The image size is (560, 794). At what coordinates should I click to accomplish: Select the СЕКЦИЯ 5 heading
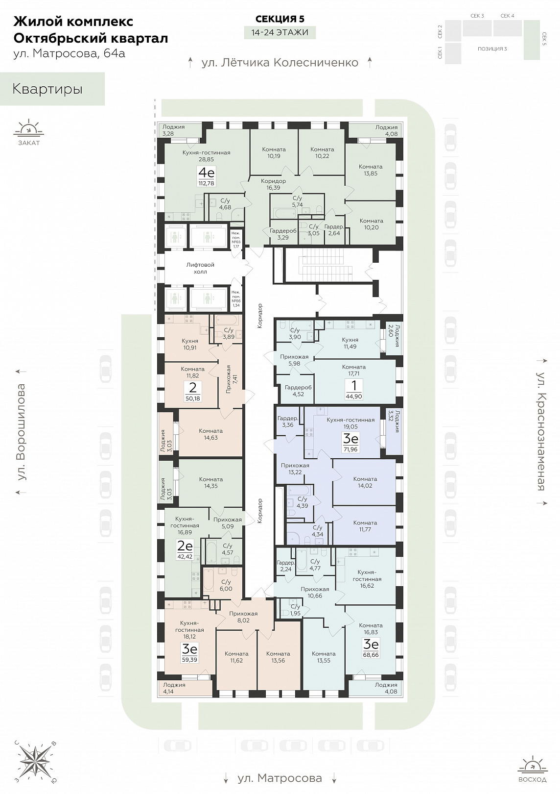click(x=280, y=19)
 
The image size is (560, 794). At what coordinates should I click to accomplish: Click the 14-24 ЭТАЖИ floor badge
click(x=280, y=33)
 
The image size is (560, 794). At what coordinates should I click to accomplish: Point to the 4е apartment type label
click(x=207, y=174)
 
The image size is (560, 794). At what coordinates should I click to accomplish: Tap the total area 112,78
click(x=207, y=183)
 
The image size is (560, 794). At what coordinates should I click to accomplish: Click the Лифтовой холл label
click(x=200, y=268)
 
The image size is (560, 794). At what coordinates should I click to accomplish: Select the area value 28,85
click(x=207, y=159)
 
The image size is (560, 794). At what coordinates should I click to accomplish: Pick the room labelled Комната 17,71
click(x=354, y=370)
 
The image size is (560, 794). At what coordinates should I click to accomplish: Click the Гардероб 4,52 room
click(x=299, y=391)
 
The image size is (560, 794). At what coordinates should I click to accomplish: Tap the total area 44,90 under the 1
click(x=353, y=397)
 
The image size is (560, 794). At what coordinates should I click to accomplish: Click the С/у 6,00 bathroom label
click(x=226, y=585)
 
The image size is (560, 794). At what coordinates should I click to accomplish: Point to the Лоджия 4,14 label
click(x=174, y=688)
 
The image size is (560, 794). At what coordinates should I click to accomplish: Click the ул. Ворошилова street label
click(x=22, y=432)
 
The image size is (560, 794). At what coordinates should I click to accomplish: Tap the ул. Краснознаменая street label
click(x=541, y=431)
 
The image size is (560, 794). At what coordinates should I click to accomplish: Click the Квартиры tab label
click(x=47, y=89)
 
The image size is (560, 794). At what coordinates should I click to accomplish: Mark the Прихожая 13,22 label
click(x=295, y=469)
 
